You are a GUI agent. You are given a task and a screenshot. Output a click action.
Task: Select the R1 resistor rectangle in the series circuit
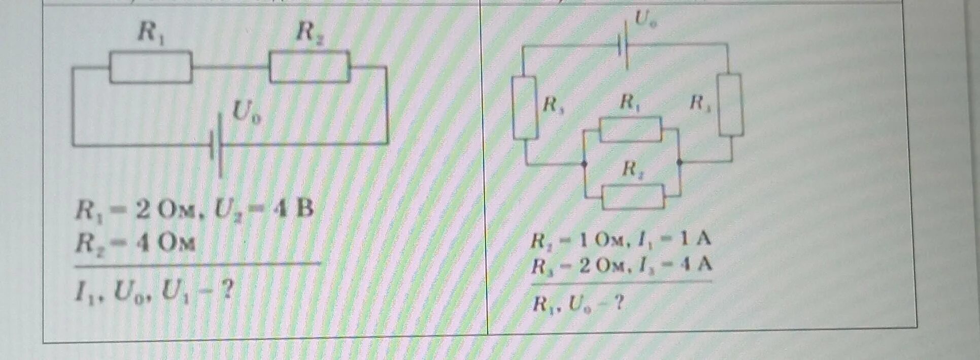151,67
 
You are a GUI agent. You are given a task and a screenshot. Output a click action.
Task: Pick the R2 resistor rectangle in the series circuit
310,67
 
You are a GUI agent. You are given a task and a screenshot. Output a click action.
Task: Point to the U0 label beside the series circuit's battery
247,112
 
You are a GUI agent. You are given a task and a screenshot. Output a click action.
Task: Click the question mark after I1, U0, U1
227,291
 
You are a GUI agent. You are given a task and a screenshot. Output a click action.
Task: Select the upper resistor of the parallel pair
631,129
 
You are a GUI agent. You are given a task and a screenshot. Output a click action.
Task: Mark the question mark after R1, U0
618,303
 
